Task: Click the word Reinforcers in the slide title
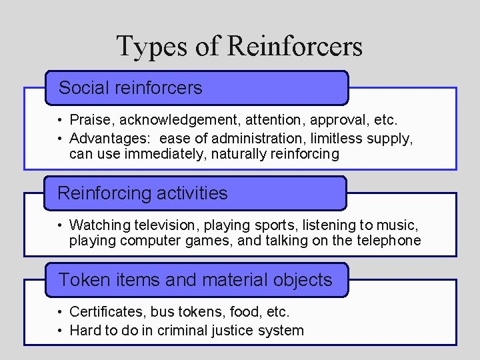(x=295, y=47)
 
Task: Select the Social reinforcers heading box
(x=197, y=88)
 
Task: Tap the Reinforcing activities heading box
(x=196, y=193)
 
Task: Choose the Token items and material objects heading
(x=197, y=280)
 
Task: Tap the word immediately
(x=167, y=155)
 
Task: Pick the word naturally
(x=243, y=155)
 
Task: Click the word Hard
(x=84, y=330)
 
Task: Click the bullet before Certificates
(x=60, y=312)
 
